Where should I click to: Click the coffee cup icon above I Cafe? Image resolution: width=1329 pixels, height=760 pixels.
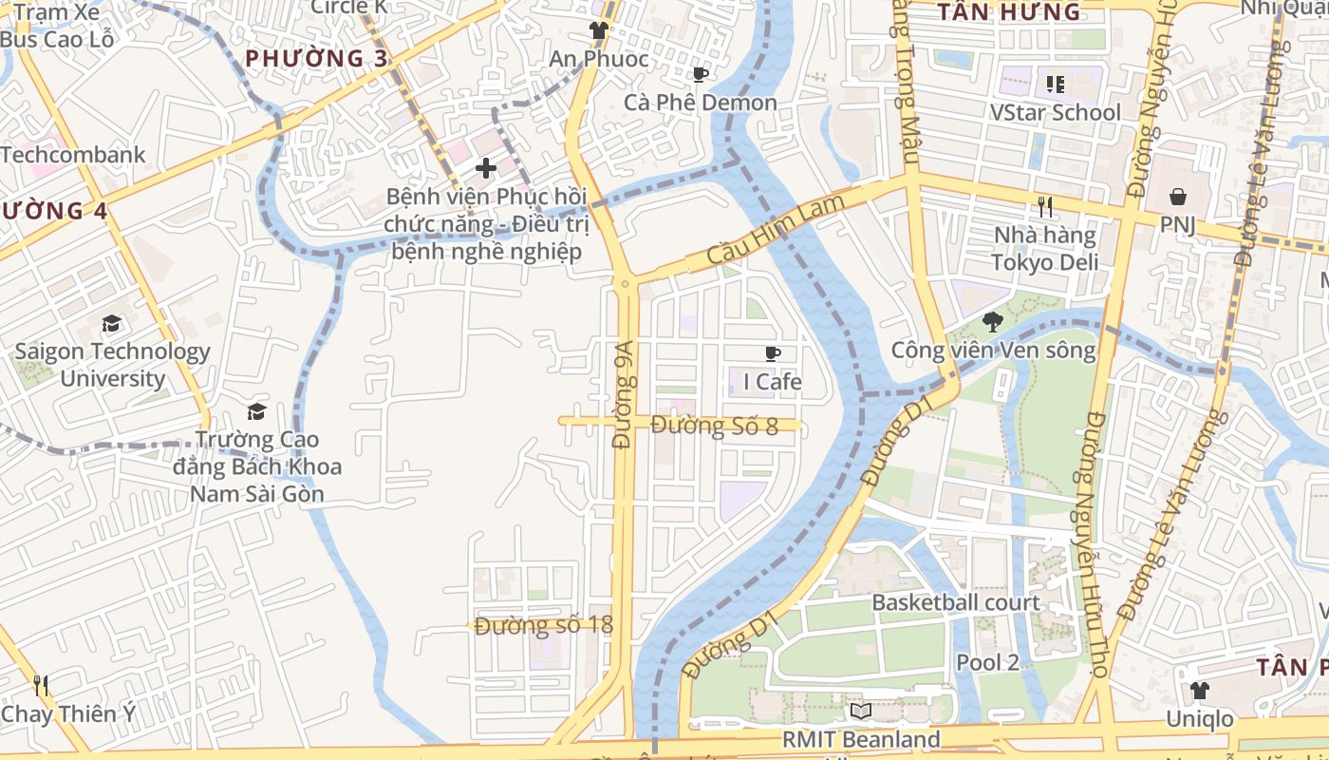click(x=773, y=354)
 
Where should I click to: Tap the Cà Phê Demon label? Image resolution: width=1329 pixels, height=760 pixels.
click(x=701, y=103)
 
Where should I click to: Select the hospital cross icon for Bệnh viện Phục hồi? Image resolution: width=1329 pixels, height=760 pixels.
click(x=486, y=169)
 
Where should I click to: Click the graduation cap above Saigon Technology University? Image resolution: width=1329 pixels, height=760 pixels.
click(x=112, y=324)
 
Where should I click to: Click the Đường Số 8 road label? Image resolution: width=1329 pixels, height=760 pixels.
click(x=715, y=426)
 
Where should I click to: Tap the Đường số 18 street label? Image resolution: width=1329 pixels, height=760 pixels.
click(x=544, y=625)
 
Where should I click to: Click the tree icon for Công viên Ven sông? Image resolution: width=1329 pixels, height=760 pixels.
click(x=993, y=322)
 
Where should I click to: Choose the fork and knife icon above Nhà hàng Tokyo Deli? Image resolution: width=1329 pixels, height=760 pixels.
click(x=1045, y=207)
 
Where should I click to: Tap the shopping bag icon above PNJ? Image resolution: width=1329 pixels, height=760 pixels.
click(x=1177, y=197)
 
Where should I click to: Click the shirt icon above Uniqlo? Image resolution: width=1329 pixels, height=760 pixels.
click(x=1200, y=691)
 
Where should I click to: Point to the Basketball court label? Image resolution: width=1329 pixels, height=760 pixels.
click(x=956, y=602)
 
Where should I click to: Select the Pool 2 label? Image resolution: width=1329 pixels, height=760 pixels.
click(x=987, y=662)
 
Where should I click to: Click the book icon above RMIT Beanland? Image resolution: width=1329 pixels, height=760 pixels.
click(x=861, y=712)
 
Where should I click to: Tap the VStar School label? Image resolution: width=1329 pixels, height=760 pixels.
click(x=1055, y=112)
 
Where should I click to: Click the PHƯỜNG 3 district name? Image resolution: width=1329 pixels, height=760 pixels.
click(x=316, y=59)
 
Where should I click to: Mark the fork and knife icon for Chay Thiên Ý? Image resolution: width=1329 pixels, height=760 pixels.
click(x=40, y=686)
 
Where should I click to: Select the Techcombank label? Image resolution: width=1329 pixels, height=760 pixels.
click(x=73, y=155)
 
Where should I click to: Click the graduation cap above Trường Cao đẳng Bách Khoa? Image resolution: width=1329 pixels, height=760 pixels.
click(x=256, y=411)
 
